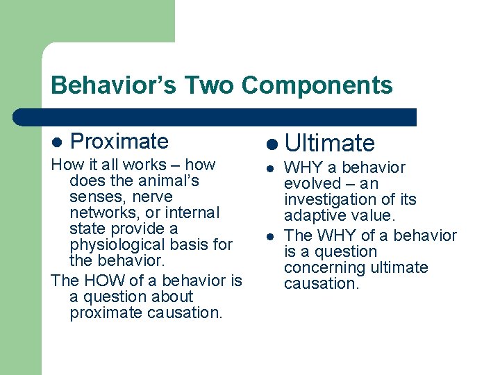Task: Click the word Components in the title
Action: coord(317,85)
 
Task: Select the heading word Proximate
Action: coord(119,141)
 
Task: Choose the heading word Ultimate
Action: coord(330,143)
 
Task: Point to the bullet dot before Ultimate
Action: coord(271,144)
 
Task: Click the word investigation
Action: coord(326,200)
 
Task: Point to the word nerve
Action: coord(151,197)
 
